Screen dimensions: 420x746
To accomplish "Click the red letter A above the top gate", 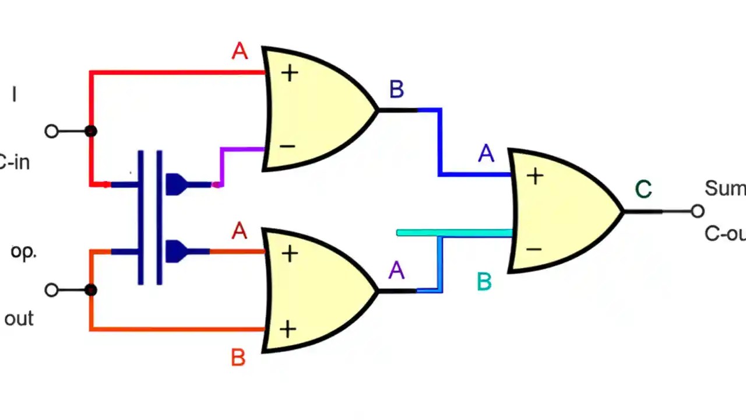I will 240,51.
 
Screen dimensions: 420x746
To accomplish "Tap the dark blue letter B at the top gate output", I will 396,90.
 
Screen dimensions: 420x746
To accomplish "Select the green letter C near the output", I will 643,190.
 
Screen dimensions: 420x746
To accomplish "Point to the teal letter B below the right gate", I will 484,282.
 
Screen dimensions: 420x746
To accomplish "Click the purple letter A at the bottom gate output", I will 396,271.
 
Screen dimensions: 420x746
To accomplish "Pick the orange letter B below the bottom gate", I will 238,358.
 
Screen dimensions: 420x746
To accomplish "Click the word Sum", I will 724,188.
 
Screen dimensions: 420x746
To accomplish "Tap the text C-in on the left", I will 14,162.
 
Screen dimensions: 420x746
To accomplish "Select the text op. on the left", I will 23,252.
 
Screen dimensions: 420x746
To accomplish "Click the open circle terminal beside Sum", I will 698,211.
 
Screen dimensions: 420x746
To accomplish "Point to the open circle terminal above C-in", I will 51,131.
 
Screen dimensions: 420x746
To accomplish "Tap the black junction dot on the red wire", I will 90,131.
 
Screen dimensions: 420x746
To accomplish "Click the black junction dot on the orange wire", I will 90,290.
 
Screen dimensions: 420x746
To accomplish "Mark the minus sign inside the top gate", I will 287,146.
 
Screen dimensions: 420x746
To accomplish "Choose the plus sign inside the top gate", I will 290,73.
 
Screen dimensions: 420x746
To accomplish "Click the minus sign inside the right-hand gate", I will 534,249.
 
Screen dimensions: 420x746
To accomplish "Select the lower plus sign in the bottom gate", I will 287,330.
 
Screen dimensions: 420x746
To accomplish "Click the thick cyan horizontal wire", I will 455,233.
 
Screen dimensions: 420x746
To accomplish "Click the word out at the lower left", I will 19,319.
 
